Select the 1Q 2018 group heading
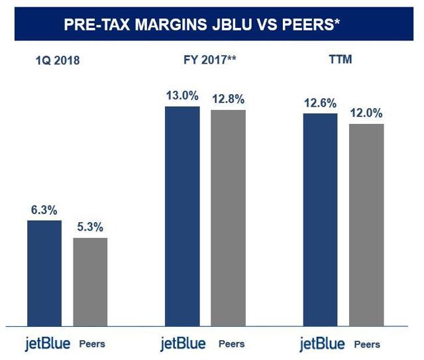click(x=58, y=62)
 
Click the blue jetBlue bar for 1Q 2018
click(x=44, y=272)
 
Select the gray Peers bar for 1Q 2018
click(x=90, y=281)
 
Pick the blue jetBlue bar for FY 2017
click(x=182, y=215)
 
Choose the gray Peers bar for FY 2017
click(x=228, y=217)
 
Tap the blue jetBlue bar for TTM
click(x=320, y=219)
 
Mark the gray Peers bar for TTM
click(x=366, y=225)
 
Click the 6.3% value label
click(x=44, y=210)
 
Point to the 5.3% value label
click(x=90, y=227)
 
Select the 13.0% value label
click(x=182, y=95)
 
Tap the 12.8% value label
click(x=229, y=99)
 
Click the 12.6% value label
click(x=320, y=103)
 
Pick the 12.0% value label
click(x=366, y=113)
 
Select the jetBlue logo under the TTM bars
click(x=323, y=344)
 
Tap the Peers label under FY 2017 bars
click(x=231, y=344)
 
